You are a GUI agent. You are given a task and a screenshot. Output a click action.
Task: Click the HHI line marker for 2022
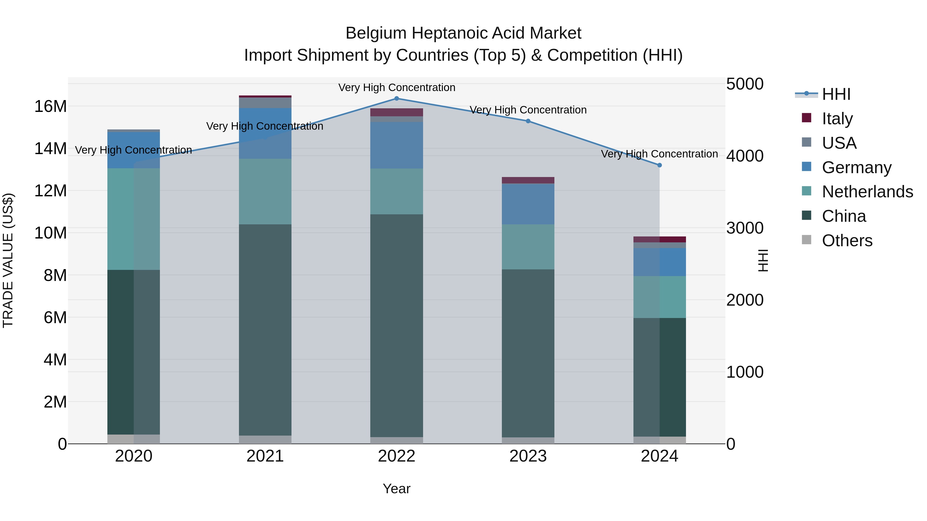click(397, 99)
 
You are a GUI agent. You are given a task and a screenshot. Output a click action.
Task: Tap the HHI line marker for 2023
click(528, 121)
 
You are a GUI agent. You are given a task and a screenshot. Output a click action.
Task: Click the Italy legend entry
click(837, 119)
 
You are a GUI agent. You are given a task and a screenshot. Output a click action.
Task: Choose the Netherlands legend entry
click(867, 192)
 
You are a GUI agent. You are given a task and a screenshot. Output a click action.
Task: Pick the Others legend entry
click(847, 241)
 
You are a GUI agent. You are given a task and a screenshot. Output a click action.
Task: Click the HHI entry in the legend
click(836, 94)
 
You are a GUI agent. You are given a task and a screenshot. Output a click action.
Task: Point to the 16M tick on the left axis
click(50, 107)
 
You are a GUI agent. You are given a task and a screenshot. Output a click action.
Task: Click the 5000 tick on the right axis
click(744, 84)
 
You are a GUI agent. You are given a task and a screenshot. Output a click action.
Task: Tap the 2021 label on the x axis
click(265, 456)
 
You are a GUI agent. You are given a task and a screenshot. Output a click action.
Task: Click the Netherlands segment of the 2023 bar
click(528, 247)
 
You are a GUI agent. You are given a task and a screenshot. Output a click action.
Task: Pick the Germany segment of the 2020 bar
click(133, 150)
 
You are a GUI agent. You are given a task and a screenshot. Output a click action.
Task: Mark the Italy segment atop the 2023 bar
click(528, 180)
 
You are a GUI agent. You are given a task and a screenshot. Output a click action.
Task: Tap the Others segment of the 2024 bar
click(659, 440)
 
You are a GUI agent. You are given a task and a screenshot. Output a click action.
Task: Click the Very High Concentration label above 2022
click(397, 88)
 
